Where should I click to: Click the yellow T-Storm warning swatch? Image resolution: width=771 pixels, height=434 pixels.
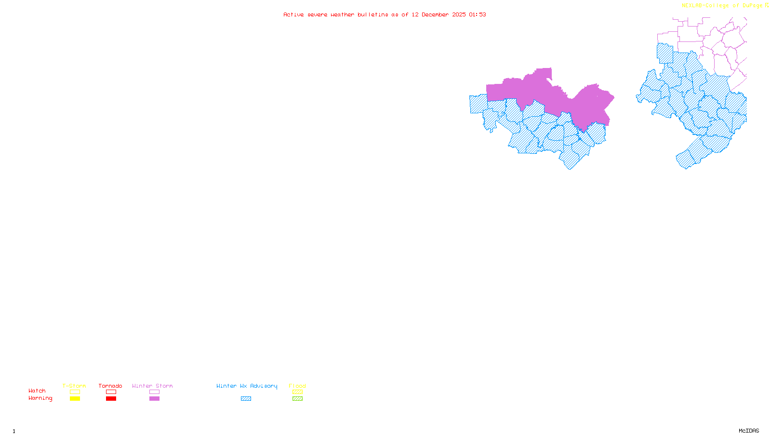[x=75, y=399]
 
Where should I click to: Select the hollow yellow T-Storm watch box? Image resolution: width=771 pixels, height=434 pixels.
[x=75, y=392]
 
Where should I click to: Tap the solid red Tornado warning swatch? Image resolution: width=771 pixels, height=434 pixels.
[x=111, y=399]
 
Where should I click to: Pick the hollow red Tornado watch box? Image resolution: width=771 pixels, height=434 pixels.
[x=111, y=392]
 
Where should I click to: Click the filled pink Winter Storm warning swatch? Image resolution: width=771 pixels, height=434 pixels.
[x=154, y=399]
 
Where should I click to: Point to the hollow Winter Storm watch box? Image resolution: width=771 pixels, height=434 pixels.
[x=154, y=392]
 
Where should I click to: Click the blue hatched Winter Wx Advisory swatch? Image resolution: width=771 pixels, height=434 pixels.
[x=246, y=399]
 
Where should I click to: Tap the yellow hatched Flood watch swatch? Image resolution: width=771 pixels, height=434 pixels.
[x=297, y=392]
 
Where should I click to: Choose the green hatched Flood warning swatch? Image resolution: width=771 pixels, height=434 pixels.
[x=297, y=399]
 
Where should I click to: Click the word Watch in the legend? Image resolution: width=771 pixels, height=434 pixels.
[x=37, y=391]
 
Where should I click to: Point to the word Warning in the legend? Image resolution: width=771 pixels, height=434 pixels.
[x=40, y=398]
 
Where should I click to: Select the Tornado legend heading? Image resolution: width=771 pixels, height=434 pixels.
[x=110, y=386]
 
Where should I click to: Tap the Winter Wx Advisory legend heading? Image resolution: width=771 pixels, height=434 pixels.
[x=247, y=386]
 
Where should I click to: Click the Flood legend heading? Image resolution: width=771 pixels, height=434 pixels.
[x=297, y=386]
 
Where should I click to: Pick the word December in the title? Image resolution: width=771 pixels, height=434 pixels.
[x=435, y=14]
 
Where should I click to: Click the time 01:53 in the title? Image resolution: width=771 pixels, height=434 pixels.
[x=478, y=14]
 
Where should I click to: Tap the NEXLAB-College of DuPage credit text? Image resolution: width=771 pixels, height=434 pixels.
[x=722, y=6]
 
